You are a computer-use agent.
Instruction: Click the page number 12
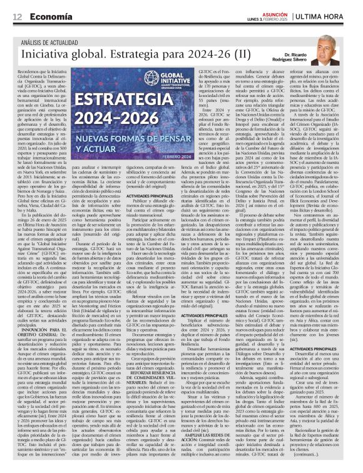(17, 16)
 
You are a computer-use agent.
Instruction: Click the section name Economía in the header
(49, 16)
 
